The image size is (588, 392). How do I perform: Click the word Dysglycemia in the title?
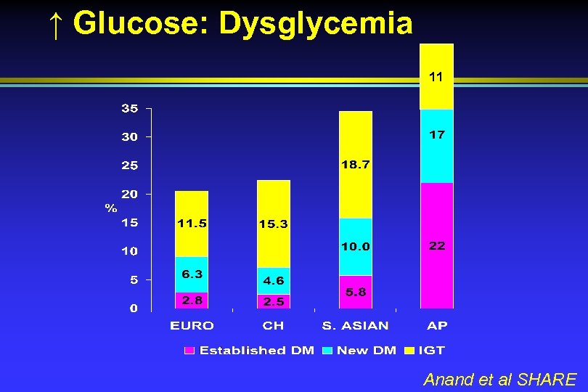point(316,23)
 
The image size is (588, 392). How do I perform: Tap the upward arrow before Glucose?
point(57,25)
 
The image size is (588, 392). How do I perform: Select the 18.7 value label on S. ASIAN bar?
point(355,165)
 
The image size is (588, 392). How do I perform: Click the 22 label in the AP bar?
point(436,246)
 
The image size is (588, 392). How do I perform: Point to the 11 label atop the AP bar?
point(436,75)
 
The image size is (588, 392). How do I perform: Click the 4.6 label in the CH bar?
point(274,280)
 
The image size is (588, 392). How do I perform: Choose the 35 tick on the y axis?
point(129,109)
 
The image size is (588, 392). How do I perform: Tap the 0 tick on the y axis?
point(134,309)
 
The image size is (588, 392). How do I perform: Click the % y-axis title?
point(110,208)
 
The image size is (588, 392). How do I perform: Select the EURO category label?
point(192,326)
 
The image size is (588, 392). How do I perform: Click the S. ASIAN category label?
point(355,326)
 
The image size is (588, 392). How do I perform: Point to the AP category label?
point(437,326)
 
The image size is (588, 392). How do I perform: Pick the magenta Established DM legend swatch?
point(189,351)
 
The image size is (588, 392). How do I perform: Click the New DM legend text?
point(367,351)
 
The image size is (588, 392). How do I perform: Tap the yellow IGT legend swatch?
point(410,351)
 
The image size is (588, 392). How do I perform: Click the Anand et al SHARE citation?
point(499,379)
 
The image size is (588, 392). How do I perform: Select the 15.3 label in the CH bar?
point(274,224)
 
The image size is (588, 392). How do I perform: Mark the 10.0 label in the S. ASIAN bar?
point(355,247)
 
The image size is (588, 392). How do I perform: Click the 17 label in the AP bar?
point(437,134)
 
